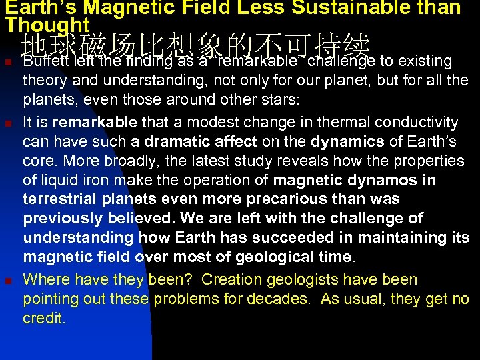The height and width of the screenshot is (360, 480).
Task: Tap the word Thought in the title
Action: tap(47, 24)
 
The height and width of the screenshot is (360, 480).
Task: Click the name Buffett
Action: tap(46, 61)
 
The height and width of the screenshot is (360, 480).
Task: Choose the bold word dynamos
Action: tap(387, 180)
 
